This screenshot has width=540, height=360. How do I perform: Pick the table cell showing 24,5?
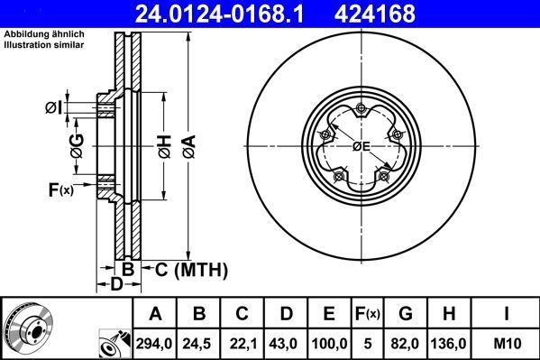tap(199, 343)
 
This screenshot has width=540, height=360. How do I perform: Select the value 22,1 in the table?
tap(243, 343)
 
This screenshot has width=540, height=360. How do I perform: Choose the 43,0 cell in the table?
tap(286, 343)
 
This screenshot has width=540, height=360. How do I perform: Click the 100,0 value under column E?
tap(330, 343)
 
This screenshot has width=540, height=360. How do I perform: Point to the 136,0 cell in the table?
tap(451, 343)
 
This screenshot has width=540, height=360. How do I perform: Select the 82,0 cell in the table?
tap(406, 343)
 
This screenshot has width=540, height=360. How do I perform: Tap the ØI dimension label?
tap(53, 108)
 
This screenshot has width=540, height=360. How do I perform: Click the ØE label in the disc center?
tap(361, 146)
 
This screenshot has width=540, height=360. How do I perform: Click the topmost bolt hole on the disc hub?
tap(361, 110)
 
